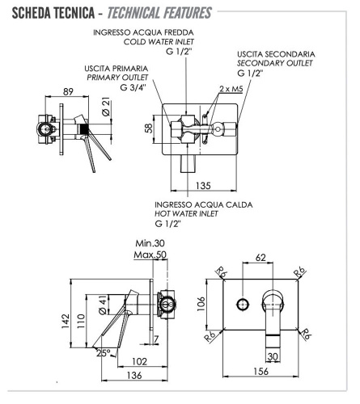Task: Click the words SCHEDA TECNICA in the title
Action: coord(42,13)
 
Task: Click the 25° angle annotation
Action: coord(104,353)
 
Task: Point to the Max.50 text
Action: coord(150,255)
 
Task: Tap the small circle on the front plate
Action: coord(242,305)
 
